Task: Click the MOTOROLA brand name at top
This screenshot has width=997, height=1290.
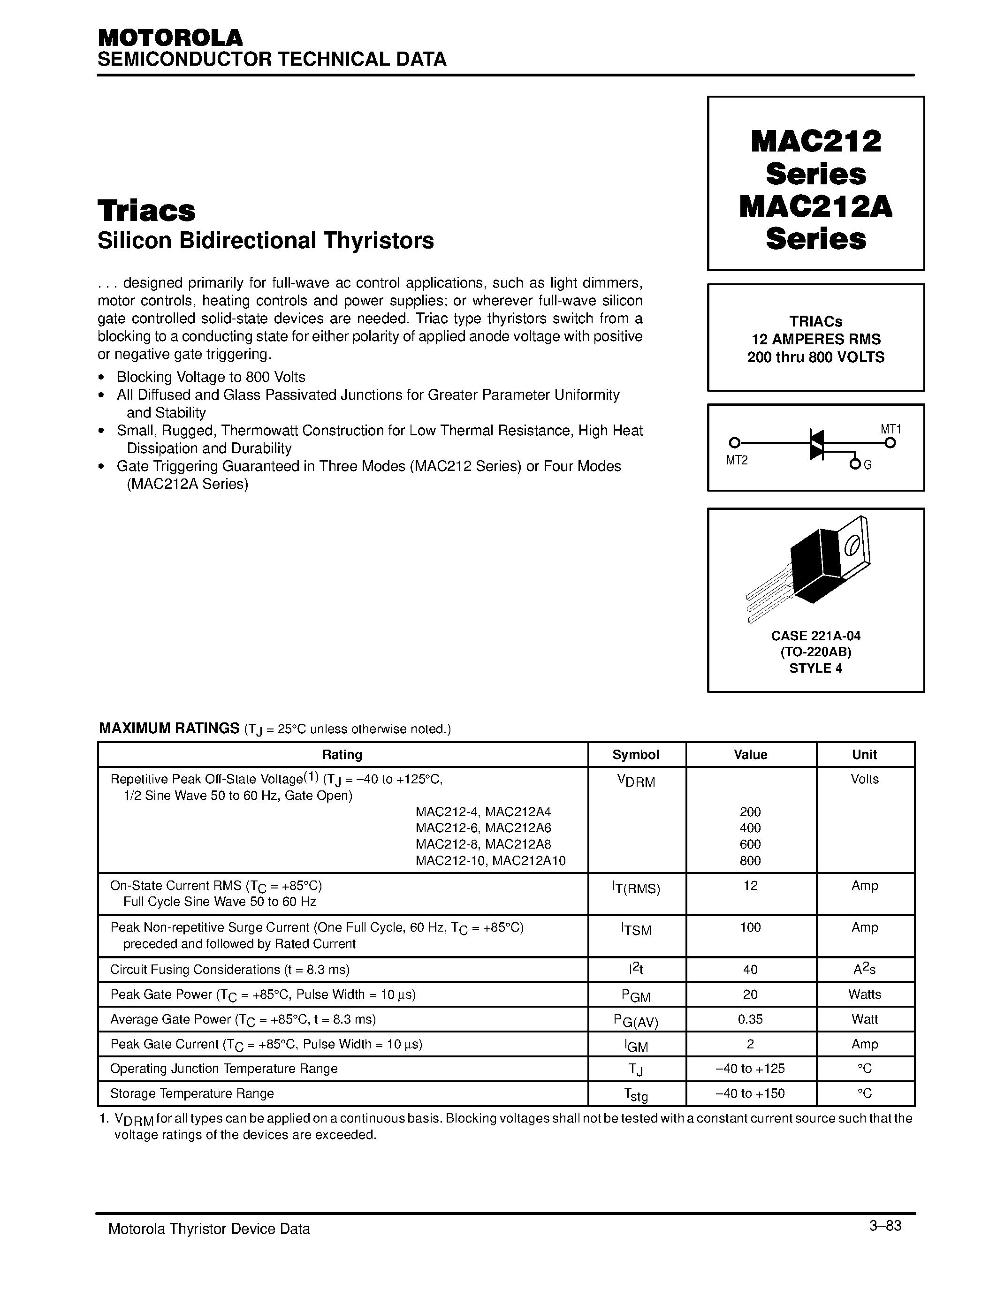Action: tap(170, 38)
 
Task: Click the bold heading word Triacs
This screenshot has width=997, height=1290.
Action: tap(146, 211)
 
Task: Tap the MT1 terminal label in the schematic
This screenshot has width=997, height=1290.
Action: tap(890, 429)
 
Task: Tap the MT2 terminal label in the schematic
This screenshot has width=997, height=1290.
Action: tap(737, 461)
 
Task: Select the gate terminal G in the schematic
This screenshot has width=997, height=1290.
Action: tap(867, 465)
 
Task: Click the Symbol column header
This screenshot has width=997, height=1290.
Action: tap(636, 755)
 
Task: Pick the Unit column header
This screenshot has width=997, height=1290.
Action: tap(864, 755)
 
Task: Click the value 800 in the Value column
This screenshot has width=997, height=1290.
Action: tap(750, 861)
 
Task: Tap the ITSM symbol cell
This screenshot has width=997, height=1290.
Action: tap(636, 930)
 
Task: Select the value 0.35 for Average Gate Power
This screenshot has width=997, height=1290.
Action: tap(750, 1019)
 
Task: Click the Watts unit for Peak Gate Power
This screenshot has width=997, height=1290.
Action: tap(864, 994)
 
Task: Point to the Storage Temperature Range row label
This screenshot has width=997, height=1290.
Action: tap(192, 1093)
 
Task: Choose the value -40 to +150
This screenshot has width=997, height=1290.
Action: tap(750, 1093)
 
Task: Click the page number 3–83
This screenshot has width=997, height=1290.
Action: tap(885, 1226)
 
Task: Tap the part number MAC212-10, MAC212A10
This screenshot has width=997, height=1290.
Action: tap(490, 861)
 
